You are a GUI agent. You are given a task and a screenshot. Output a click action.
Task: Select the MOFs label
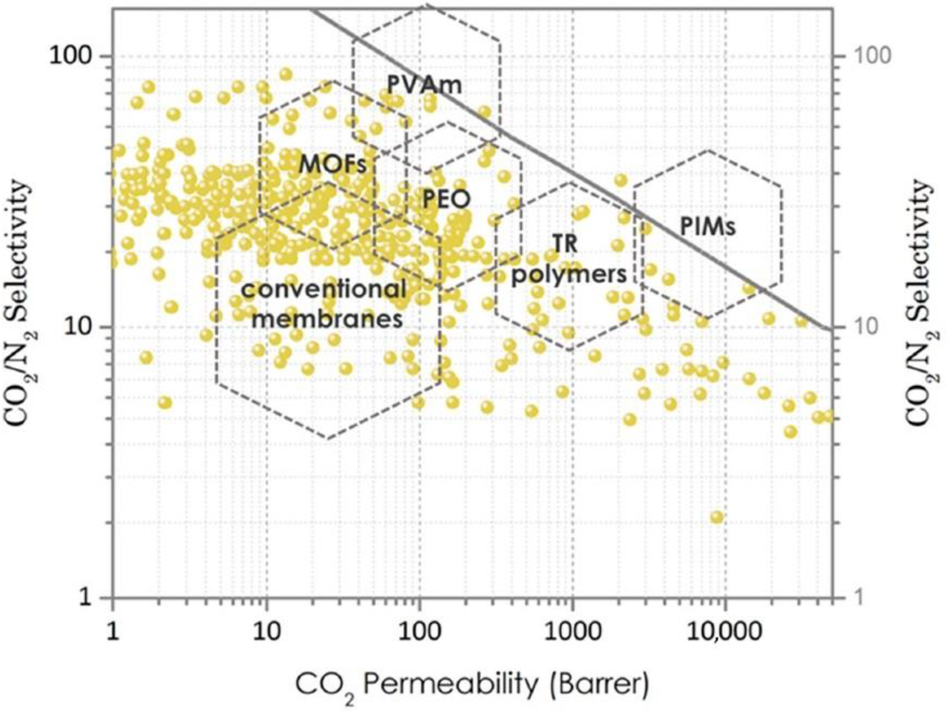333,164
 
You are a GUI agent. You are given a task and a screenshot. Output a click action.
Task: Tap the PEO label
447,199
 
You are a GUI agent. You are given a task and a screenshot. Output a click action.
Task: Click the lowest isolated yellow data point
717,517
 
